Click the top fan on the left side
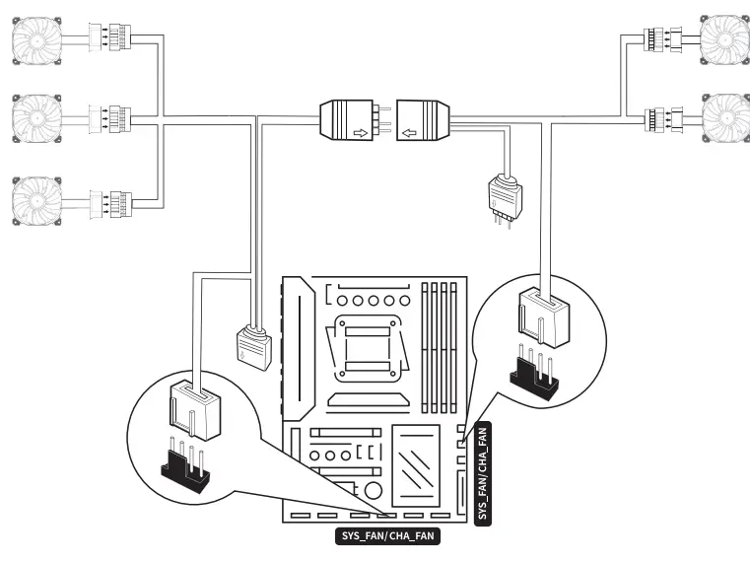point(37,38)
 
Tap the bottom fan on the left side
point(37,198)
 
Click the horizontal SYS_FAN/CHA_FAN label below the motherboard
point(387,536)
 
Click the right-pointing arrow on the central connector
point(361,130)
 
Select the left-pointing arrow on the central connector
point(411,130)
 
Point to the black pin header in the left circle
point(184,469)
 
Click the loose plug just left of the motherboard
point(253,347)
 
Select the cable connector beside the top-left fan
point(114,37)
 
